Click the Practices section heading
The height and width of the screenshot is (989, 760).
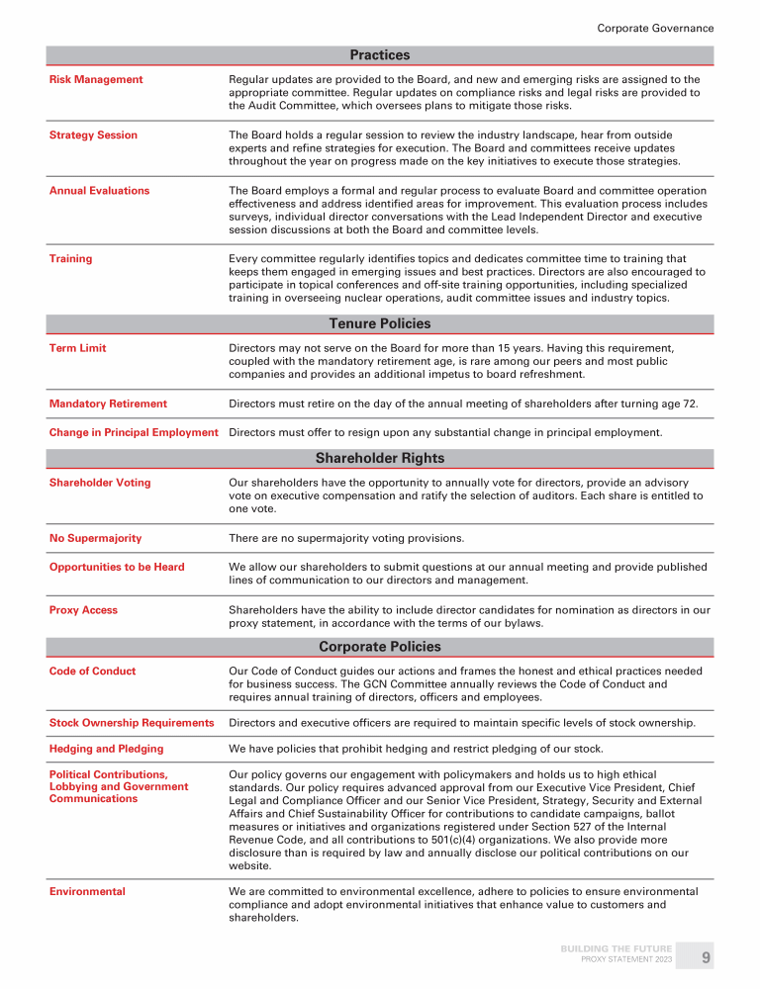click(x=380, y=55)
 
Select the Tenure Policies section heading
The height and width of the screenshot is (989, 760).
click(x=380, y=323)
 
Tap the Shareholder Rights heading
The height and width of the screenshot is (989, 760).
click(x=380, y=458)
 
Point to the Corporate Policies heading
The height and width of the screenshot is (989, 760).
click(x=380, y=647)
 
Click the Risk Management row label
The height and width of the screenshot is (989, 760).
click(x=96, y=79)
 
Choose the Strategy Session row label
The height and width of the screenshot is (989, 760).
click(x=93, y=135)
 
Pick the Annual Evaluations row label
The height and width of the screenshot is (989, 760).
click(x=99, y=190)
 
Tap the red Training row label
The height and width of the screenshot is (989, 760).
click(x=70, y=258)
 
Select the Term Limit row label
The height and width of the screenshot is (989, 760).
click(x=78, y=348)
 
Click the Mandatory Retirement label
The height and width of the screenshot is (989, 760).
click(x=108, y=404)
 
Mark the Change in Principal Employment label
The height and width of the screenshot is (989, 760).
click(x=134, y=432)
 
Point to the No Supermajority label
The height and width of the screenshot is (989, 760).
click(x=95, y=538)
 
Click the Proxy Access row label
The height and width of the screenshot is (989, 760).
click(x=83, y=610)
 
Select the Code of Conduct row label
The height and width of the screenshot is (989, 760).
click(x=93, y=671)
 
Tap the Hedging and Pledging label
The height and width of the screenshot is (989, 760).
click(x=107, y=749)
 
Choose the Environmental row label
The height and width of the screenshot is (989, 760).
click(x=87, y=891)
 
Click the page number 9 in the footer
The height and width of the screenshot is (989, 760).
click(x=706, y=957)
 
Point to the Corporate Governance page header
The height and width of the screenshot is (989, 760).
click(x=655, y=28)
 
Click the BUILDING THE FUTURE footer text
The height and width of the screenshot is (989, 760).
click(x=616, y=949)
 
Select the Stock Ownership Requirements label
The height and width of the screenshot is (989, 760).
click(x=132, y=723)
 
